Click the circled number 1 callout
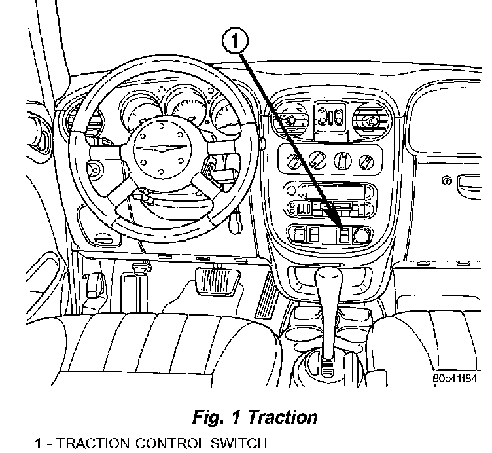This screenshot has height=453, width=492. point(236,42)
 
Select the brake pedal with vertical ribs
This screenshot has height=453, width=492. point(217,281)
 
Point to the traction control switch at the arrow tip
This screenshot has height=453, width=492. point(344,235)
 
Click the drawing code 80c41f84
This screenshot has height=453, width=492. point(455,378)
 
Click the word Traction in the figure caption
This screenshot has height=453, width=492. point(283,417)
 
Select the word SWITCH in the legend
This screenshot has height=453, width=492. point(238,443)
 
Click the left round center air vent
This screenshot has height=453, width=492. point(289,120)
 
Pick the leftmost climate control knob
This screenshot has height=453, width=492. point(294,160)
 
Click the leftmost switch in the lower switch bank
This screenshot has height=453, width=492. point(299,235)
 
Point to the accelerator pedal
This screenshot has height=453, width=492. point(266,295)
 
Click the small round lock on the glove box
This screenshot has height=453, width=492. point(446,181)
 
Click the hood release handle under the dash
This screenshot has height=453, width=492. point(94,285)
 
